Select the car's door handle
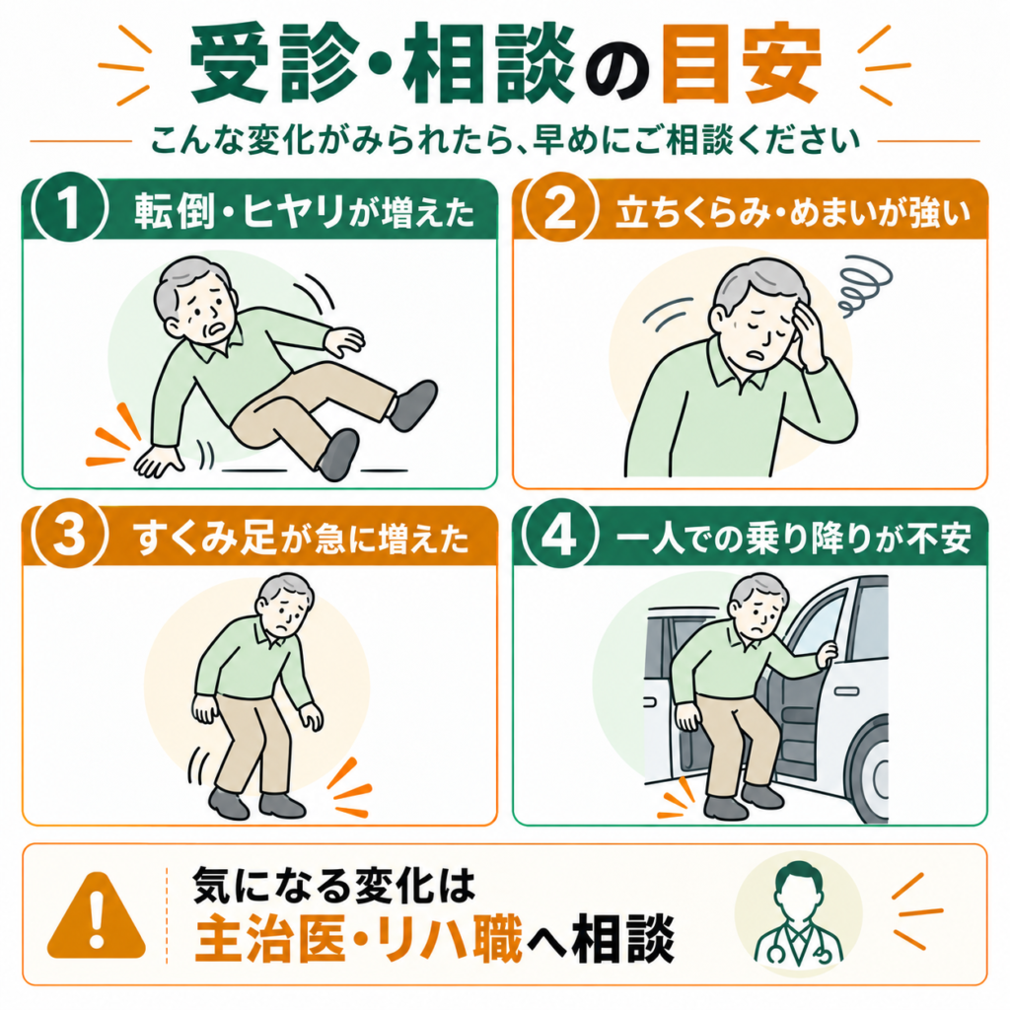[x=847, y=691]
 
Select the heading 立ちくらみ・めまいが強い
[x=793, y=211]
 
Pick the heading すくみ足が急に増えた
[x=302, y=538]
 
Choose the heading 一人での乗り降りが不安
[x=793, y=538]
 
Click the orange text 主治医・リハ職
[x=358, y=938]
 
